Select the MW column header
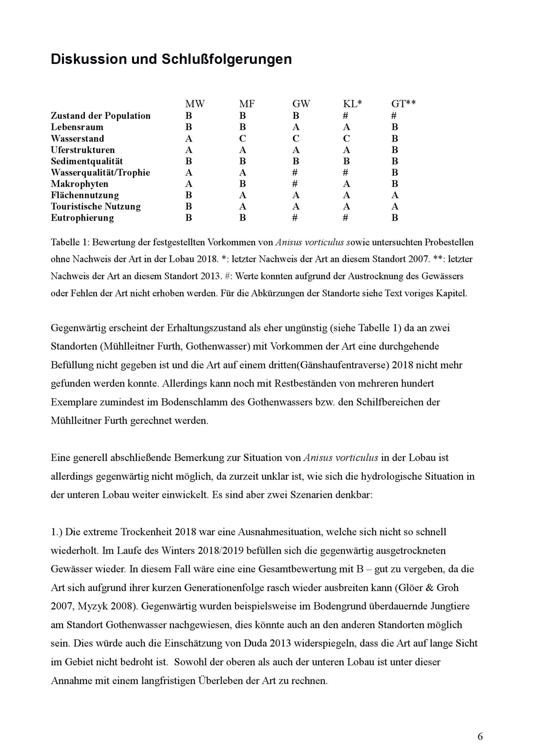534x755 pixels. [195, 104]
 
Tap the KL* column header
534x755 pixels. [352, 104]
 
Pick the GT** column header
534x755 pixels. [403, 104]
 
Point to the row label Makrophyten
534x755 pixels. [79, 184]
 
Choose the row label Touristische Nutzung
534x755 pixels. [95, 207]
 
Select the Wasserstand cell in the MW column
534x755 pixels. [189, 139]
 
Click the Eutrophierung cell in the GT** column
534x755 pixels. [395, 218]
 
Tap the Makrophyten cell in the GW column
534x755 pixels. [295, 184]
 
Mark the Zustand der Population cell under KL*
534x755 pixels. [345, 116]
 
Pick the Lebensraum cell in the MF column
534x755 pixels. [242, 127]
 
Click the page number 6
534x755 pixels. [480, 737]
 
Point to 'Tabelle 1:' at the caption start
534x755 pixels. [70, 242]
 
